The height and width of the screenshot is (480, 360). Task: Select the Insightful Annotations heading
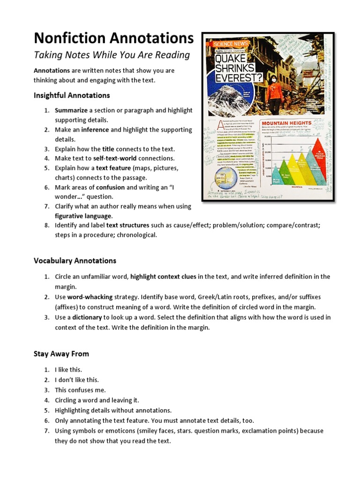(72, 95)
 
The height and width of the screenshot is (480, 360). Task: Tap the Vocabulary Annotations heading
(75, 261)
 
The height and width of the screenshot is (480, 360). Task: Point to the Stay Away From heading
(61, 353)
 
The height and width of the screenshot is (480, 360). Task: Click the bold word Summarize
(71, 111)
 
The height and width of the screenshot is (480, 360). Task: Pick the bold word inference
(95, 130)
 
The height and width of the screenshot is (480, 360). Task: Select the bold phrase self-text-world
(119, 158)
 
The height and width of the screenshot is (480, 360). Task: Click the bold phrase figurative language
(83, 216)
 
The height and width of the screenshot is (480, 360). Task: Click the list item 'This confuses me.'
(80, 390)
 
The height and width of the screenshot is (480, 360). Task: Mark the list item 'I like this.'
(68, 370)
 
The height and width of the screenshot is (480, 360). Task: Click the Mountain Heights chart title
(285, 123)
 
